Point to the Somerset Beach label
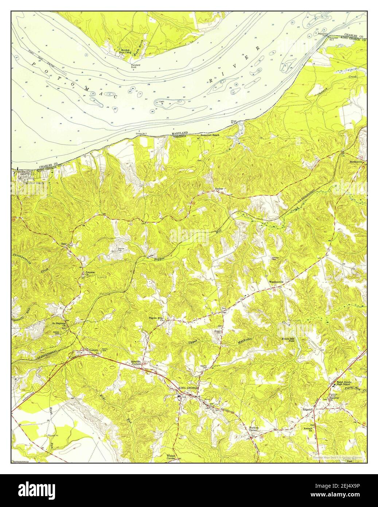click(x=211, y=135)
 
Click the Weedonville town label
click(x=276, y=282)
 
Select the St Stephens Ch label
click(x=58, y=323)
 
